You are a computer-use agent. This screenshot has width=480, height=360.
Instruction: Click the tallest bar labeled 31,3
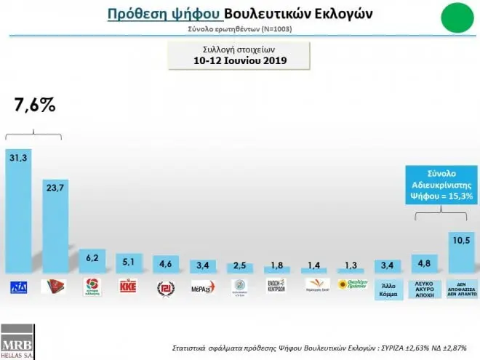(18, 211)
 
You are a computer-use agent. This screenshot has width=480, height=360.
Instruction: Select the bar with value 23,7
(55, 225)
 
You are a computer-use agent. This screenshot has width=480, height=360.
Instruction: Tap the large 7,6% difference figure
(35, 105)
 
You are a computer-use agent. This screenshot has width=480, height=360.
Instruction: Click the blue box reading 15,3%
(440, 186)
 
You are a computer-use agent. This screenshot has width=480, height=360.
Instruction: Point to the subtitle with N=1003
(240, 29)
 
